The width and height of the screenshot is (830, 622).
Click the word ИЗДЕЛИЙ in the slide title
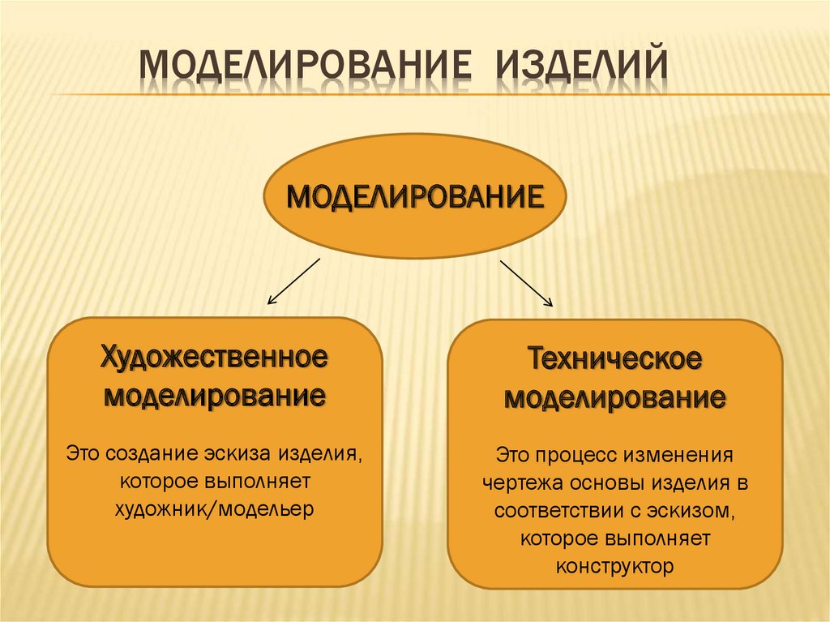576,71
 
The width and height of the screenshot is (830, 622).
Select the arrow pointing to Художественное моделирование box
294,281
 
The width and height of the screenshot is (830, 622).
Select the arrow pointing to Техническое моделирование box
526,283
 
